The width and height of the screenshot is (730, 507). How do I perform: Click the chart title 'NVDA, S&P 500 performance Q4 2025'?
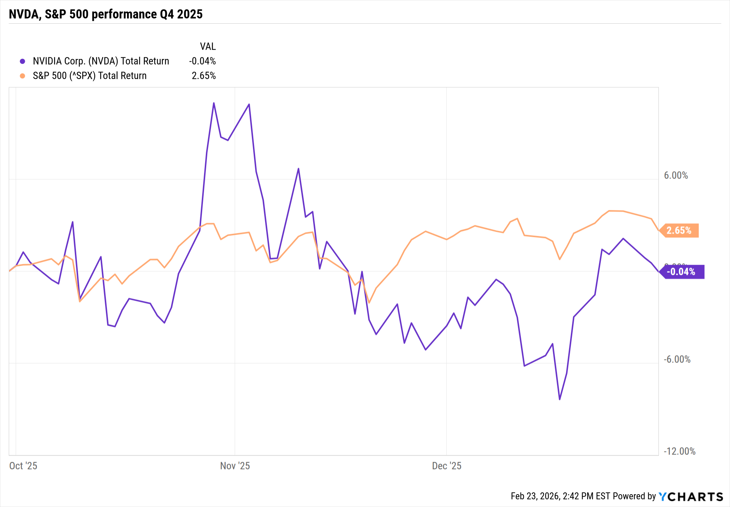[x=105, y=14]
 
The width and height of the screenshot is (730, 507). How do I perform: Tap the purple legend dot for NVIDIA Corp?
[x=23, y=61]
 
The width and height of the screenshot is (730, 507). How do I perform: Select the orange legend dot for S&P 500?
[x=23, y=76]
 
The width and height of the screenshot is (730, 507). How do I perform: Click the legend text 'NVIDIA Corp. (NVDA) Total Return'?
[x=101, y=61]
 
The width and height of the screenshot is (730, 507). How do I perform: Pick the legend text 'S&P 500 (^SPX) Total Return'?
[x=89, y=76]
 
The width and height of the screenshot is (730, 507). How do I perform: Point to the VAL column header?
[x=208, y=47]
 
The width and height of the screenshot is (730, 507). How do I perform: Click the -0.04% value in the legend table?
[x=202, y=61]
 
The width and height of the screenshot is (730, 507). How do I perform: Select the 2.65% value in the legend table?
[x=204, y=76]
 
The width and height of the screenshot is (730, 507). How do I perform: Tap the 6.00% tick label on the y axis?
[x=676, y=176]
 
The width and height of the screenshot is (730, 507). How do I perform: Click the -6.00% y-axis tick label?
[x=677, y=360]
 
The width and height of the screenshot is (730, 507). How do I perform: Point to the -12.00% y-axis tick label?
[x=679, y=452]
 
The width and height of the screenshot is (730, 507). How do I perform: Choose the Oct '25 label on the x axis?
[x=23, y=466]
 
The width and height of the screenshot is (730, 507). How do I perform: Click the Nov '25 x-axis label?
[x=235, y=466]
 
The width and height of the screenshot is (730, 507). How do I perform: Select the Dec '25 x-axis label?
[x=446, y=466]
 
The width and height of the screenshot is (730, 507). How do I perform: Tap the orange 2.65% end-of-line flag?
[x=679, y=231]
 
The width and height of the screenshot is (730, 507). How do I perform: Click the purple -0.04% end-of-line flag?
[x=681, y=272]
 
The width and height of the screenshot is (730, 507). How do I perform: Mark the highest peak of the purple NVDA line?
[x=214, y=103]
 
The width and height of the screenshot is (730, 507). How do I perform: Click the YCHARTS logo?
[x=691, y=497]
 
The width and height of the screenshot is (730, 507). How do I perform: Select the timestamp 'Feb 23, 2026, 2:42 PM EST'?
[x=560, y=496]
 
